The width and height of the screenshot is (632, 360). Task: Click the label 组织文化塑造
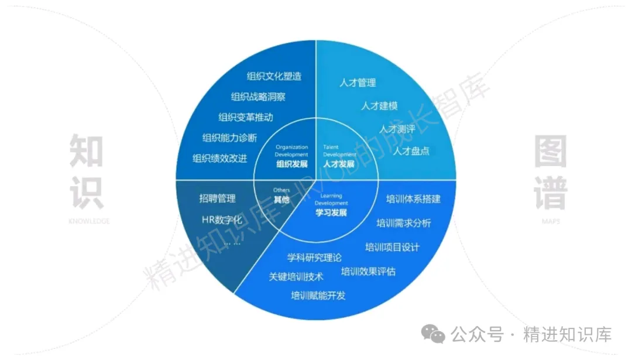click(x=274, y=77)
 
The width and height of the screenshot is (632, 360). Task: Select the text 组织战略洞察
click(x=258, y=97)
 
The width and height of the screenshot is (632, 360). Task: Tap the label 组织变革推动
click(x=245, y=118)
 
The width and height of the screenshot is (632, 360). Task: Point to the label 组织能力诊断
click(x=229, y=138)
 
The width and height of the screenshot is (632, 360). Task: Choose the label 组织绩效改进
click(x=219, y=159)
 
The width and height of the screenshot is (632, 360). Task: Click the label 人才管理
click(x=358, y=83)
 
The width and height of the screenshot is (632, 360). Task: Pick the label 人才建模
click(x=379, y=106)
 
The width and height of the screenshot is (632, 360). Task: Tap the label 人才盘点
click(x=411, y=151)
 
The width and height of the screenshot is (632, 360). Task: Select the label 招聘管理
click(x=217, y=199)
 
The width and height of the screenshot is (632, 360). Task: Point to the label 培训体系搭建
click(x=413, y=199)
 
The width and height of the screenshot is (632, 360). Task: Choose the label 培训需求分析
click(x=403, y=223)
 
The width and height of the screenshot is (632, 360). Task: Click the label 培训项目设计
click(x=392, y=247)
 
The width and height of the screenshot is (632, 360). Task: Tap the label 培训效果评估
click(x=368, y=272)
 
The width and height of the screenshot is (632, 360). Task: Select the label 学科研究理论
click(x=314, y=257)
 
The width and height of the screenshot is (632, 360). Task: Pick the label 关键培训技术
click(x=296, y=277)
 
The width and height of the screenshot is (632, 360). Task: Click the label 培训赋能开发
click(x=318, y=296)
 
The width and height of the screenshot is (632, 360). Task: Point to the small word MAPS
click(x=550, y=221)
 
